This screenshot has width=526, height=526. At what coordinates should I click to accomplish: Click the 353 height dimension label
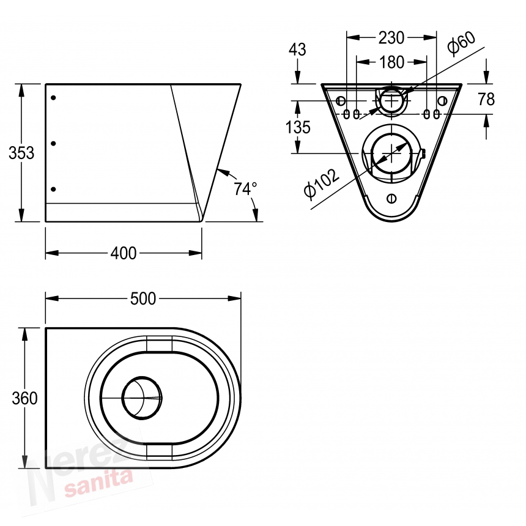[21, 153]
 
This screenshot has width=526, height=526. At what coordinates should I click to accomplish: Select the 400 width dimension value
[124, 253]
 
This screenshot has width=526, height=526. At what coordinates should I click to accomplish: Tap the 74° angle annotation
[245, 189]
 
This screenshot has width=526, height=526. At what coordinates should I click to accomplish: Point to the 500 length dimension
[143, 298]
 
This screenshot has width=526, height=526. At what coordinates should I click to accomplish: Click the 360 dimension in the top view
[24, 398]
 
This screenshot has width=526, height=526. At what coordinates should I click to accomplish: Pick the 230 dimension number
[391, 38]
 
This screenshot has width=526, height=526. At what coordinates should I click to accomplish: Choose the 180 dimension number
[391, 62]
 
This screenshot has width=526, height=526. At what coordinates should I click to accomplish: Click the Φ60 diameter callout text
[462, 43]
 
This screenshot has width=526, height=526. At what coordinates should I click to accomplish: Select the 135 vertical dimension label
[298, 127]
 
